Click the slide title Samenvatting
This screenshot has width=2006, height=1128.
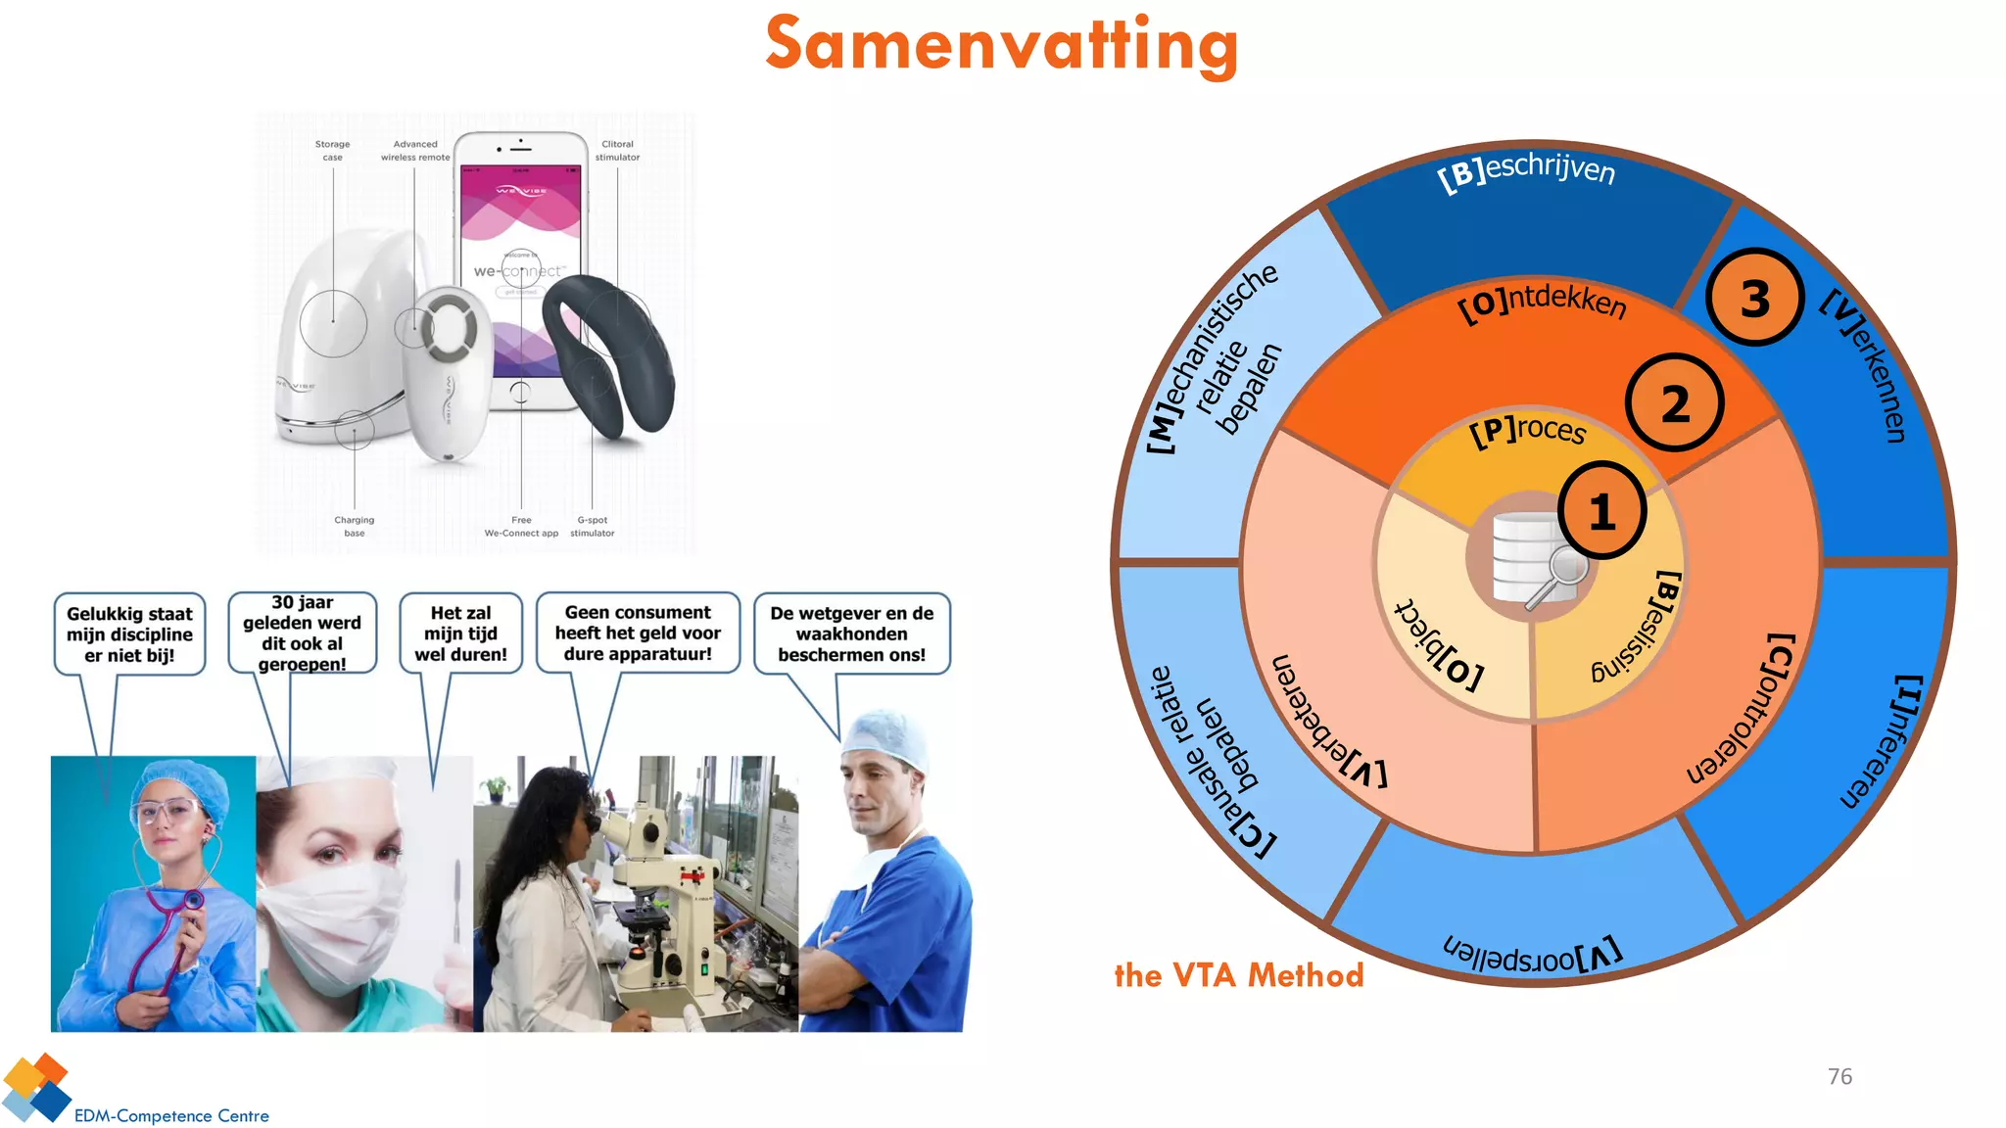click(x=1001, y=45)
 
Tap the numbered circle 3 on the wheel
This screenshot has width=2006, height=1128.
click(x=1754, y=298)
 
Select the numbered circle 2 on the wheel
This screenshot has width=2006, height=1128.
click(x=1674, y=403)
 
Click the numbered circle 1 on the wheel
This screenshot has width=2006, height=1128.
click(x=1601, y=511)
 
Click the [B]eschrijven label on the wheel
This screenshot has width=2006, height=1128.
click(x=1526, y=172)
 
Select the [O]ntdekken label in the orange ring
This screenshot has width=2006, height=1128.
click(x=1542, y=302)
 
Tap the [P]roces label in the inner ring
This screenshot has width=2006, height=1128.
click(x=1527, y=430)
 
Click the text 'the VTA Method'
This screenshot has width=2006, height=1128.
click(x=1238, y=975)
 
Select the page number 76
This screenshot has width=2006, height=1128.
click(x=1839, y=1076)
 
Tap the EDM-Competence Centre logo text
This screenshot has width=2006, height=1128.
click(x=171, y=1115)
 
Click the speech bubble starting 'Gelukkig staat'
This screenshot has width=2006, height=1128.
click(x=129, y=634)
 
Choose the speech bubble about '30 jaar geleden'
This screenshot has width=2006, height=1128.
click(x=302, y=633)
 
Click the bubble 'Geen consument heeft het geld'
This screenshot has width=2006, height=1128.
click(x=638, y=633)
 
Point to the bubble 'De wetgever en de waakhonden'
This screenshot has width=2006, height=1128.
click(x=851, y=634)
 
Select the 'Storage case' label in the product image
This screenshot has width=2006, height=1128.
click(x=332, y=150)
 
